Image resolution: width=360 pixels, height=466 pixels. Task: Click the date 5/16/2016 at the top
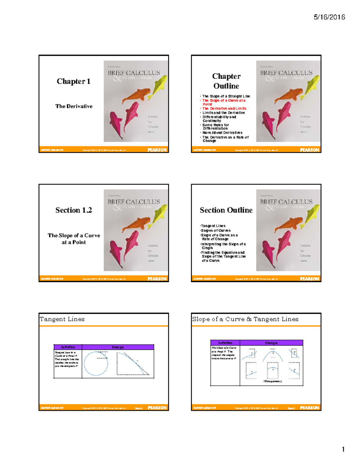(329, 17)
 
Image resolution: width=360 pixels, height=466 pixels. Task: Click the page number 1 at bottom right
(343, 449)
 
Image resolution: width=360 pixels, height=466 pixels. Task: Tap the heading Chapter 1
(73, 81)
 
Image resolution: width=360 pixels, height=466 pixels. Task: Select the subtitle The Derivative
(74, 106)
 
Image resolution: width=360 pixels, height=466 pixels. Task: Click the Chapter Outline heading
(226, 81)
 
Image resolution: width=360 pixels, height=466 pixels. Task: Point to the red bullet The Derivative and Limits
(224, 109)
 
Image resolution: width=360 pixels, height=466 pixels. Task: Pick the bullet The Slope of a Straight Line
(226, 96)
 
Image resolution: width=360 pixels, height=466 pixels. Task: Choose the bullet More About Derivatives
(222, 133)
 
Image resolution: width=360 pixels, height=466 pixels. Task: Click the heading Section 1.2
(73, 210)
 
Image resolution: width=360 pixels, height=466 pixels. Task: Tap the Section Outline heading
(226, 210)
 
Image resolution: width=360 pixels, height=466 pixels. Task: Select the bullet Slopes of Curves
(216, 230)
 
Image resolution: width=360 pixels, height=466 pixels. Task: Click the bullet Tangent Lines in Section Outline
(213, 226)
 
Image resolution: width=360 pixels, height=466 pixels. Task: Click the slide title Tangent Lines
(62, 319)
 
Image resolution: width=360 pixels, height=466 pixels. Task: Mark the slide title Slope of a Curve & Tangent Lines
(245, 319)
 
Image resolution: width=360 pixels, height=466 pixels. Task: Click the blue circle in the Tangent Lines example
(96, 364)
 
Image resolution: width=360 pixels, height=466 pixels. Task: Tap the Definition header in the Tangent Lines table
(68, 347)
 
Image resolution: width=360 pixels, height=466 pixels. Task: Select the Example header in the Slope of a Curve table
(271, 343)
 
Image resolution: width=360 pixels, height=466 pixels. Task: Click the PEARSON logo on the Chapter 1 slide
(157, 150)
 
